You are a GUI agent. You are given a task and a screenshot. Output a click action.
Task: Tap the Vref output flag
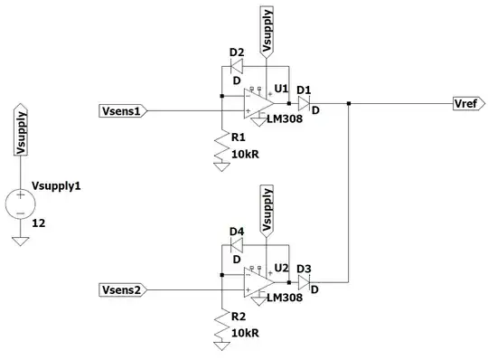click(x=468, y=105)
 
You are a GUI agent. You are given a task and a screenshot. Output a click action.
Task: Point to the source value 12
click(x=39, y=222)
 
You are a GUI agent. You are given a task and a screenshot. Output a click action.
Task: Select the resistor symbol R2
click(x=221, y=329)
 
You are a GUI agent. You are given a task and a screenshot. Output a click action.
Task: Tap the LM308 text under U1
click(x=286, y=118)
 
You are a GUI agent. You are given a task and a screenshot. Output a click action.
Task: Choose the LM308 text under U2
click(x=286, y=298)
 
